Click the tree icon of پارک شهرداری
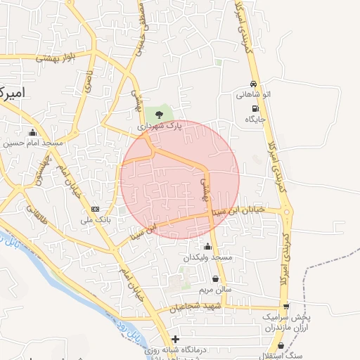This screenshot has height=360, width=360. pos(160,113)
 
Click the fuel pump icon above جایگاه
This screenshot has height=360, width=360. pos(254,108)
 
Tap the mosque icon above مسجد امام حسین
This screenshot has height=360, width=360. pos(32,132)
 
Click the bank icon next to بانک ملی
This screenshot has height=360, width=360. pos(96,209)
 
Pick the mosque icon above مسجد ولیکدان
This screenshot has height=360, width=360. pos(207,246)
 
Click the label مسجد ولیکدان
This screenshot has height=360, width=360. pos(207,258)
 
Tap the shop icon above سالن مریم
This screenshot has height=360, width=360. pos(214,278)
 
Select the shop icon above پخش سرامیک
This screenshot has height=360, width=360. pos(285,306)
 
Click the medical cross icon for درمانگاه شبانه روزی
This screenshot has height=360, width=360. pos(175,340)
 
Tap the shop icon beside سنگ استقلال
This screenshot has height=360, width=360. pos(281,345)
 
